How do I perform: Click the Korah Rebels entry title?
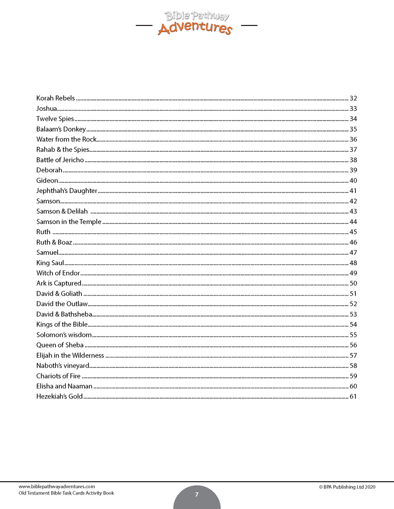55,98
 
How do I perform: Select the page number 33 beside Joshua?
353,109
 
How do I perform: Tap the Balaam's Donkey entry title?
61,129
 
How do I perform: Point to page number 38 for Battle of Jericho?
353,160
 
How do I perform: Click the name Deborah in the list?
49,170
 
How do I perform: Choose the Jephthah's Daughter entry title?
67,191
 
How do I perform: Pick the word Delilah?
77,211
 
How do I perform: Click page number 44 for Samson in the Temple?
353,222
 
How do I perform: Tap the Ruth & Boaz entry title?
54,242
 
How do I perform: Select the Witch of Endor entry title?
58,273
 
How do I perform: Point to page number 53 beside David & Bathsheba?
353,314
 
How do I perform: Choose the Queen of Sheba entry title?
60,345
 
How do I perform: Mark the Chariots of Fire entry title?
58,376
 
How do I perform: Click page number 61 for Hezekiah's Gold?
353,397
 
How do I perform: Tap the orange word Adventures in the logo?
195,28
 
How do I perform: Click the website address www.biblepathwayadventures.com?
57,486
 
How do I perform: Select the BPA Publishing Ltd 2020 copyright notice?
347,487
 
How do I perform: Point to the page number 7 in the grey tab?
197,494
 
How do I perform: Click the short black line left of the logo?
144,26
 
